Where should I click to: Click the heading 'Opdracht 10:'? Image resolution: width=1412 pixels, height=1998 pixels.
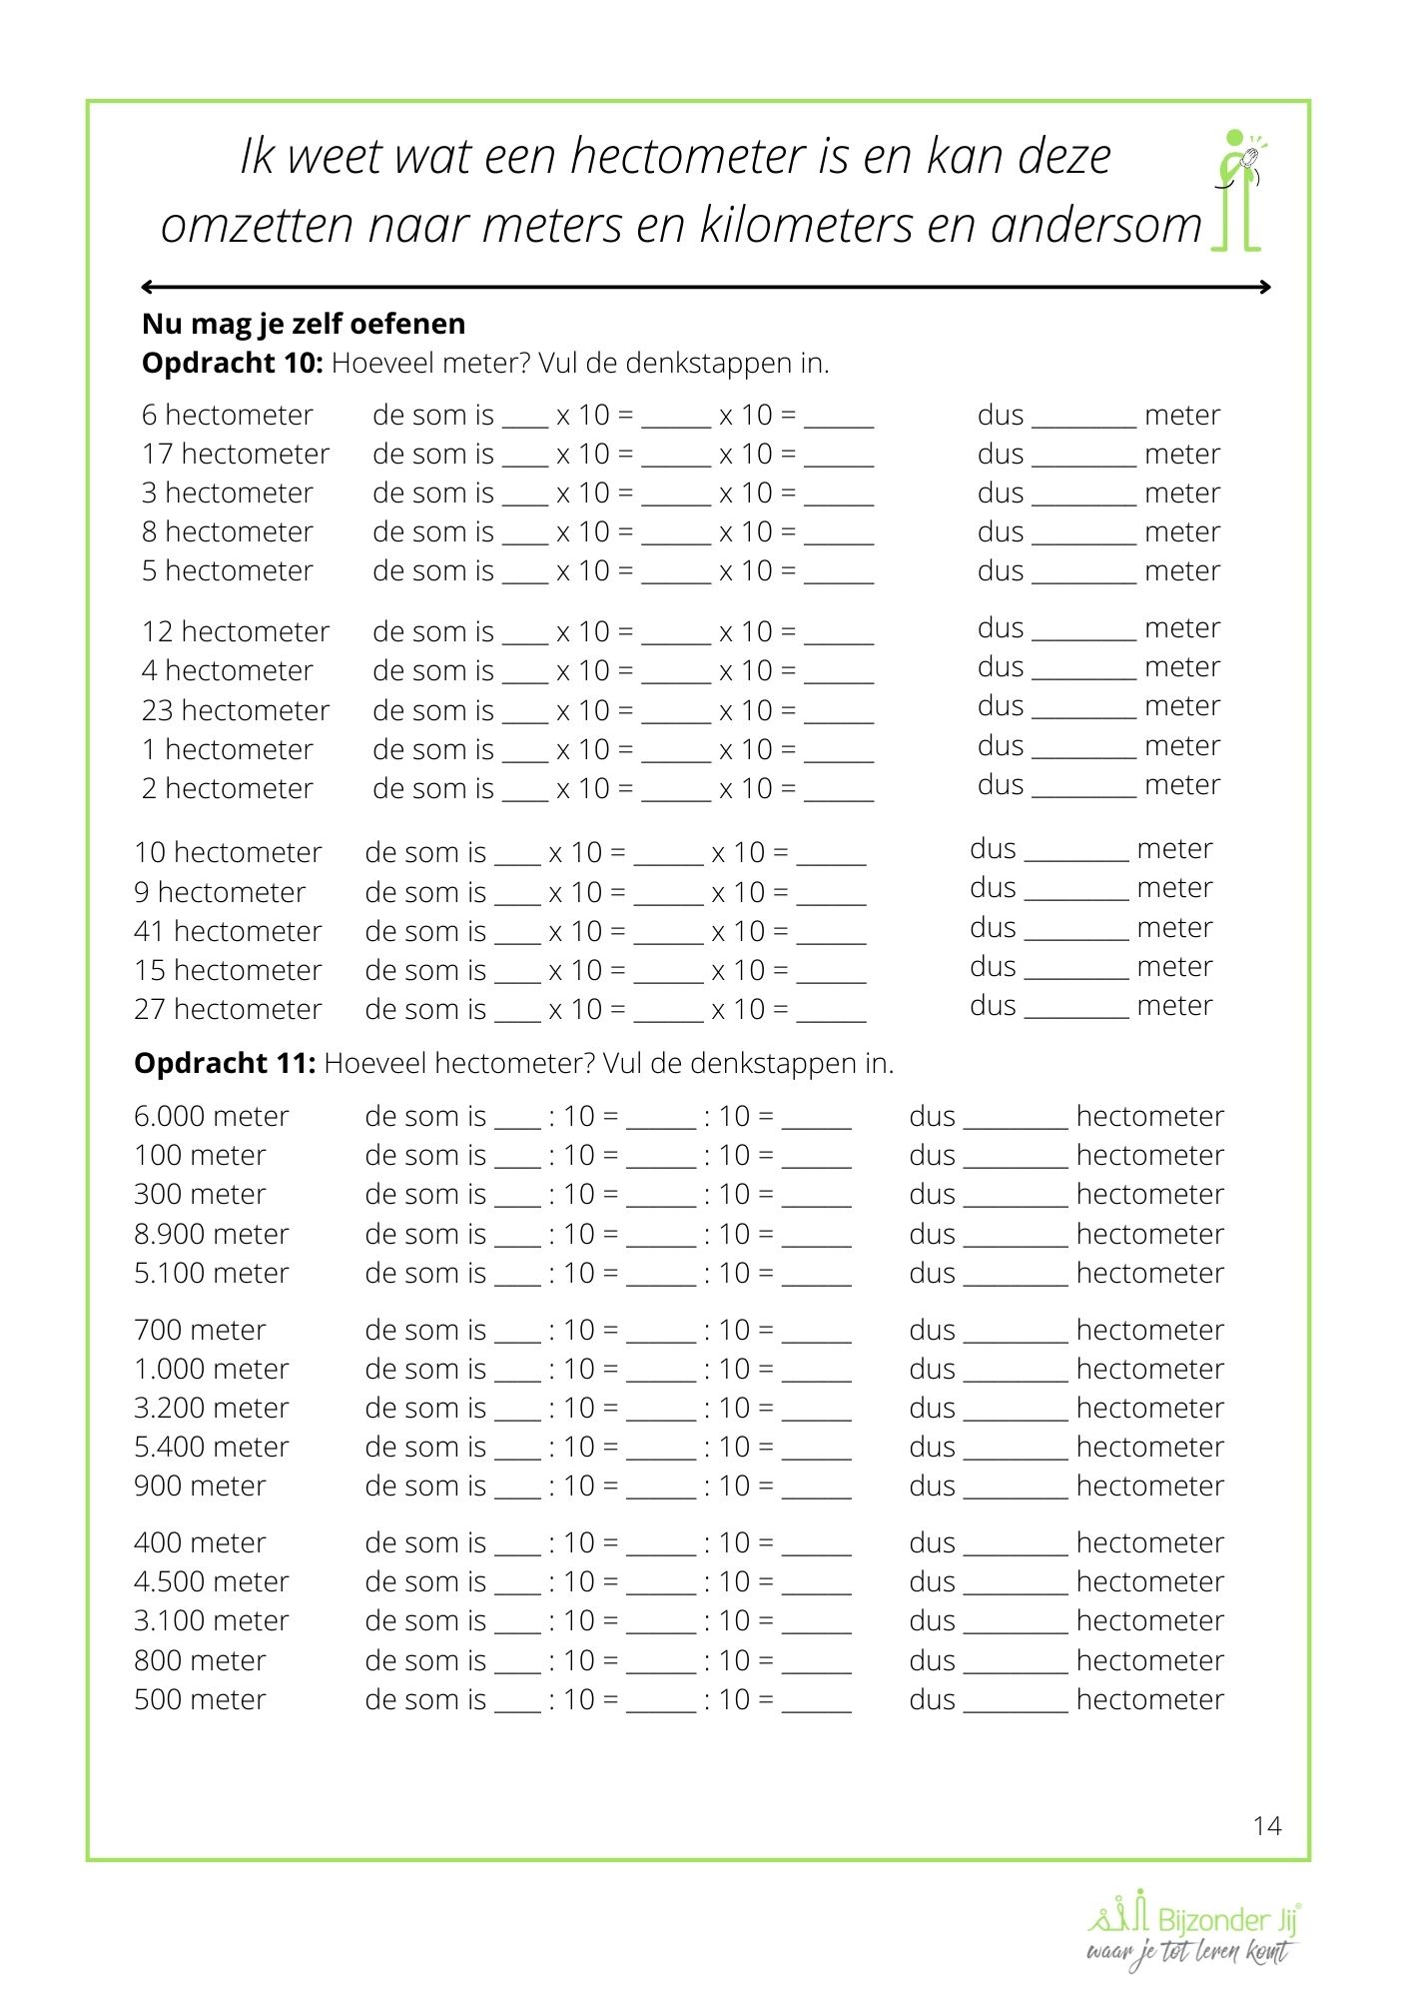coord(232,363)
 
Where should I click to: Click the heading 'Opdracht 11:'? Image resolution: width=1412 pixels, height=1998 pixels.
coord(225,1063)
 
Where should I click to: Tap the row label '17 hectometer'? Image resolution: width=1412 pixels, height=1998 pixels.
coord(235,454)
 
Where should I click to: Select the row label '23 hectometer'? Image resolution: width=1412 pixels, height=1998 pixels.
coord(235,710)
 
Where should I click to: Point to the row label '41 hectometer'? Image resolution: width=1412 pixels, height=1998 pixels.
coord(228,931)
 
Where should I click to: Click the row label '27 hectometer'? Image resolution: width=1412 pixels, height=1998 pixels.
coord(228,1009)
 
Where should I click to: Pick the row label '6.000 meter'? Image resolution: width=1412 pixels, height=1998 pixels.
coord(211,1116)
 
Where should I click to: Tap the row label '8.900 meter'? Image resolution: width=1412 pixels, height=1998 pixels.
coord(211,1234)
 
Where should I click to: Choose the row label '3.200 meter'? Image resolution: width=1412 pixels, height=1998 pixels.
coord(211,1408)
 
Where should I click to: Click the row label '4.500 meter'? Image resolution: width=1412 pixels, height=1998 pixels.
coord(211,1581)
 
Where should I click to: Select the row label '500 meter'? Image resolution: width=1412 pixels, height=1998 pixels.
coord(200,1699)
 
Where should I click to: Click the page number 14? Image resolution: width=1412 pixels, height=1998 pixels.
coord(1266,1826)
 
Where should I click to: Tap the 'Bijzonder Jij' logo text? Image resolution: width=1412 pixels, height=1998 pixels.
coord(1226,1919)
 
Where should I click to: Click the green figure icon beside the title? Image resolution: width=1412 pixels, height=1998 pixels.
coord(1238,190)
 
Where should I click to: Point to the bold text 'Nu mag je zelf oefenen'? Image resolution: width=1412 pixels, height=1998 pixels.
coord(304,324)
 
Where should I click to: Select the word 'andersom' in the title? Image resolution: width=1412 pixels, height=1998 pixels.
coord(1095,225)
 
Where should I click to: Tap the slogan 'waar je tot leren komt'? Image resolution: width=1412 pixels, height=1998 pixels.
coord(1187,1953)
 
